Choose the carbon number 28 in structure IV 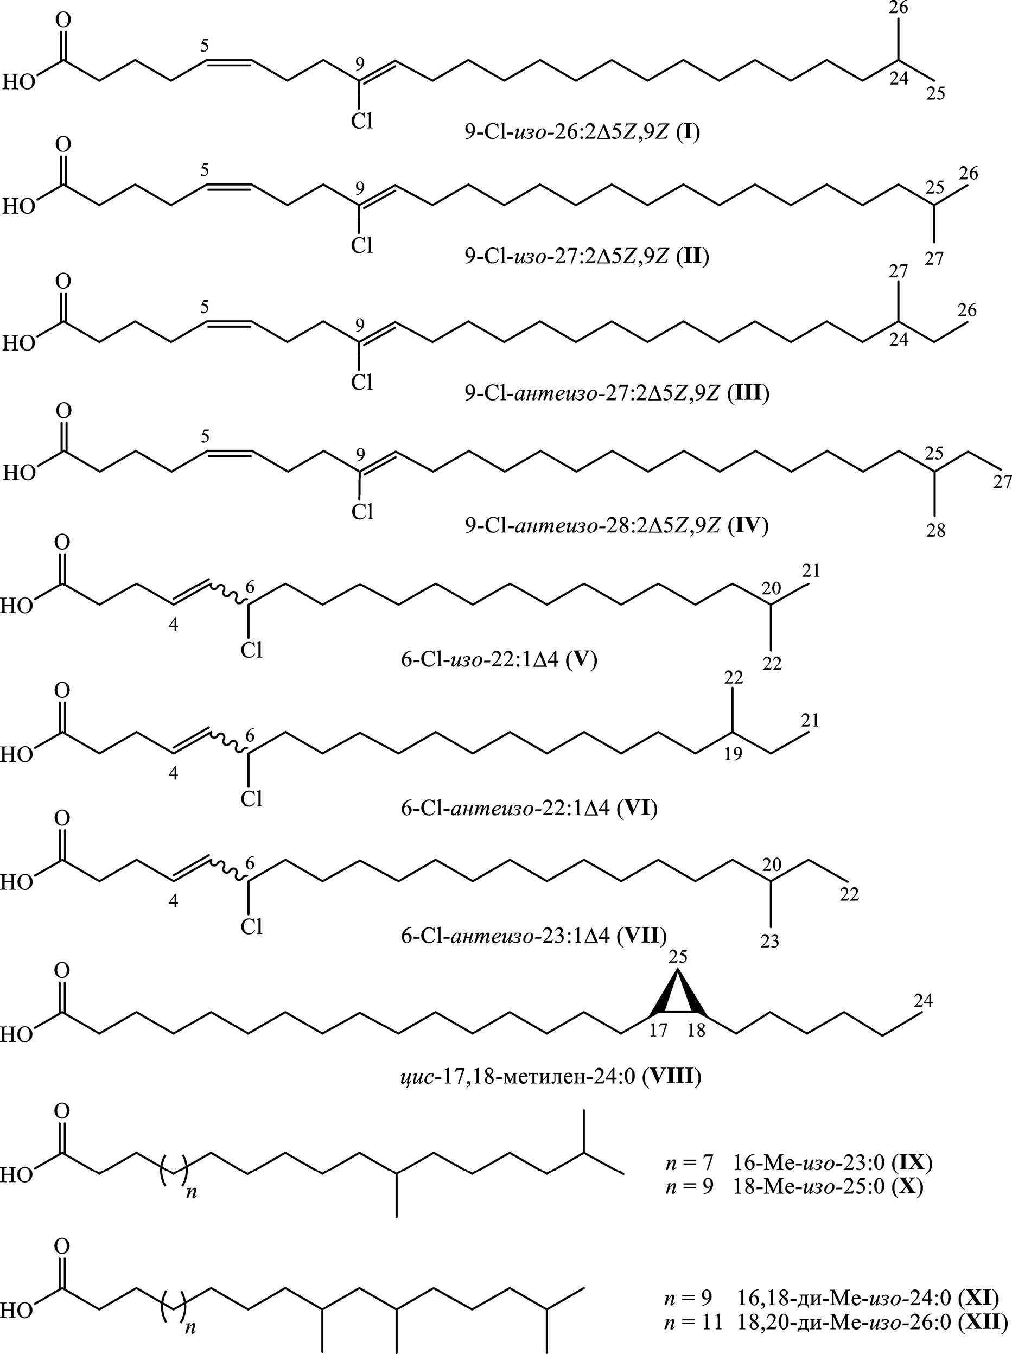[935, 530]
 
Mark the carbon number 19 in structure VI [733, 754]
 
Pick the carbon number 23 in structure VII [769, 940]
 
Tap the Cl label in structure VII [252, 927]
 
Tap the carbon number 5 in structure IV [205, 436]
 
